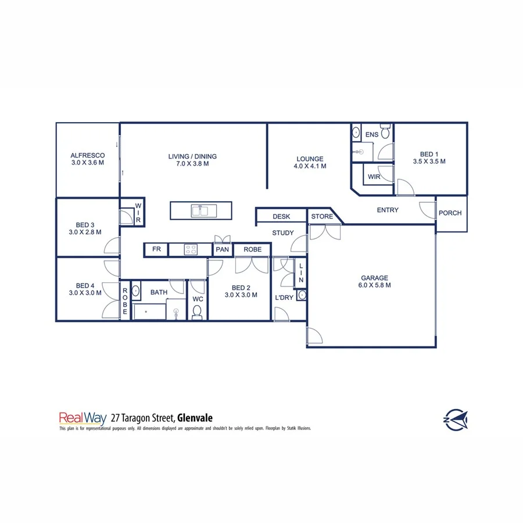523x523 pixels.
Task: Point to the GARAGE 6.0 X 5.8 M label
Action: click(374, 281)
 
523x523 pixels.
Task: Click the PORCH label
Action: click(450, 213)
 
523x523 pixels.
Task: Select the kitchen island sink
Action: click(200, 210)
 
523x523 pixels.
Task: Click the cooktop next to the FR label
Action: click(191, 250)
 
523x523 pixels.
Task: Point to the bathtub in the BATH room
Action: click(149, 312)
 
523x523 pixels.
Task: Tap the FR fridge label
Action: click(156, 249)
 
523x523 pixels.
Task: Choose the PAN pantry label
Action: click(222, 249)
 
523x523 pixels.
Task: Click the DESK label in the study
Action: click(281, 217)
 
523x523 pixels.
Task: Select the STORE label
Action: click(322, 217)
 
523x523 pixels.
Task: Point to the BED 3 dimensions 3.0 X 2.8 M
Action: click(85, 232)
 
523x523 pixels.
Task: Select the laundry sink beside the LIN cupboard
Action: click(301, 295)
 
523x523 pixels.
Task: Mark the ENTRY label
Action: click(388, 210)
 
